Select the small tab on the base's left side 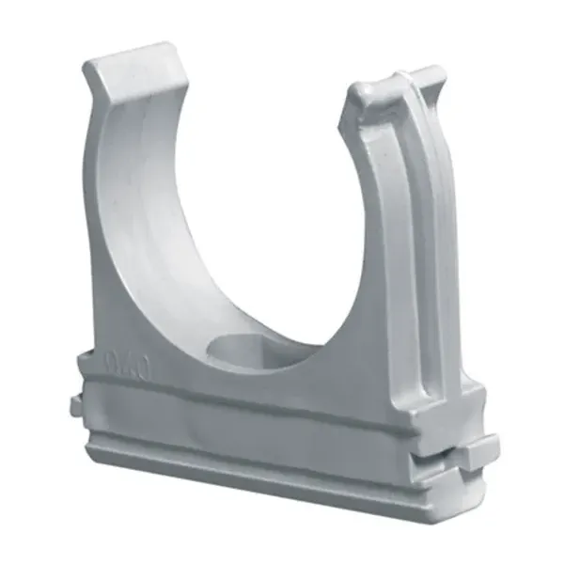(75, 406)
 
